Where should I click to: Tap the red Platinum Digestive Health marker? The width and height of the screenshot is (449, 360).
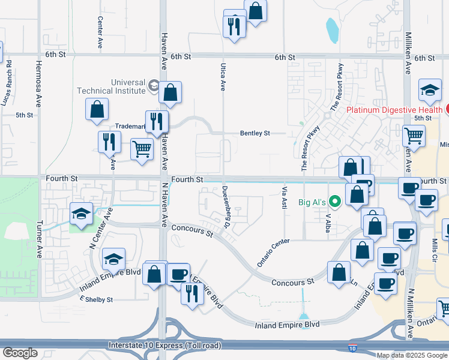[x=447, y=109]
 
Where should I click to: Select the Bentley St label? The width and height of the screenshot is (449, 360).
[x=255, y=133]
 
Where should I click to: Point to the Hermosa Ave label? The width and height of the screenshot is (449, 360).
[x=38, y=83]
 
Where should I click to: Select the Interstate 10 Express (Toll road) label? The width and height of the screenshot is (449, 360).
[x=165, y=345]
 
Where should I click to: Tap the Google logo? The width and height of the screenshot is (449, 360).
[x=20, y=353]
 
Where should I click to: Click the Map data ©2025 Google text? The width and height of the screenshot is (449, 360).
[x=412, y=355]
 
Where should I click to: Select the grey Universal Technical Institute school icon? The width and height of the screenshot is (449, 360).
[x=153, y=86]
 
